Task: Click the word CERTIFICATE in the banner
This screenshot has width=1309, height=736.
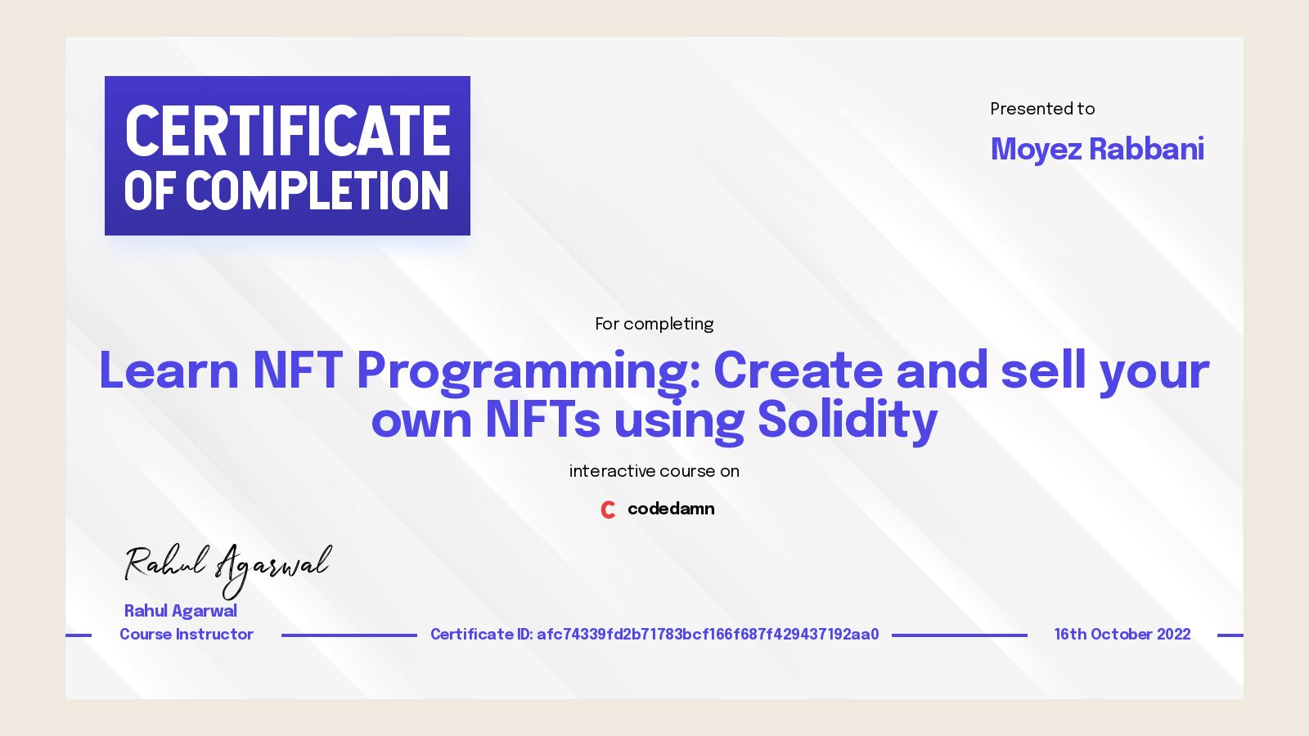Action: click(287, 131)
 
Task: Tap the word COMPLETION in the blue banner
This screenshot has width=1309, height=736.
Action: click(317, 191)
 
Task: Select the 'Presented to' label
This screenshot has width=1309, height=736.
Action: click(1042, 109)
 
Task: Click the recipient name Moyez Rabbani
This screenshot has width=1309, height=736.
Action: click(1097, 149)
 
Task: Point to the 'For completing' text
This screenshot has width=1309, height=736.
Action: click(654, 324)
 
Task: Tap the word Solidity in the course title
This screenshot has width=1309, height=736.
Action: click(847, 420)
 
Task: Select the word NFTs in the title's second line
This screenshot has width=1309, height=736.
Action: click(543, 420)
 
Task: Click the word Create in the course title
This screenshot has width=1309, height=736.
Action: click(798, 370)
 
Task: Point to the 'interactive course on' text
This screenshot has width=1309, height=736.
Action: click(654, 471)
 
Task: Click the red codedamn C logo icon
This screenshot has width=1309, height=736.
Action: click(608, 509)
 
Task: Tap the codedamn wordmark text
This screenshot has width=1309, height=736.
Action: click(671, 509)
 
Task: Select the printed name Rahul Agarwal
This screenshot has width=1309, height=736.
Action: click(181, 611)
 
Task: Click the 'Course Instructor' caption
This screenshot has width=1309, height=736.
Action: click(187, 634)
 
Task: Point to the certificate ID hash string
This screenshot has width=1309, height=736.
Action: click(708, 635)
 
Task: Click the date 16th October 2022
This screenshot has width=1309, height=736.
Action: click(1122, 635)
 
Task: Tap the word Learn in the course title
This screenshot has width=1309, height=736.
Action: click(169, 370)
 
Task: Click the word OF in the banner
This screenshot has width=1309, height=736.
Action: click(150, 191)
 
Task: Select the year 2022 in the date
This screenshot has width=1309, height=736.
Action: click(1173, 635)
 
